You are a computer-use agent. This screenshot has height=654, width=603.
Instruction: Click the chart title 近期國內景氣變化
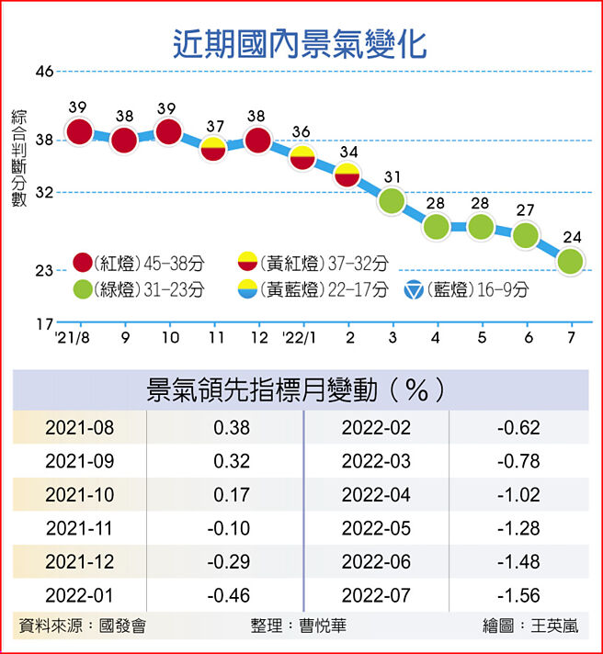click(x=301, y=42)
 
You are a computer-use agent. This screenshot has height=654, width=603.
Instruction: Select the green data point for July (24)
click(x=571, y=262)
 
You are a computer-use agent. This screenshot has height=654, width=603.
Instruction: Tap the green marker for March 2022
click(x=393, y=201)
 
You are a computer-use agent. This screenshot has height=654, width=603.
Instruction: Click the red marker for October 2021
click(x=168, y=131)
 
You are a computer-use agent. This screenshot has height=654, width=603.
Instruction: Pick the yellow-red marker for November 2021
click(x=213, y=148)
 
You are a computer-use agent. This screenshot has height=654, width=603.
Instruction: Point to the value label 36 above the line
click(x=301, y=131)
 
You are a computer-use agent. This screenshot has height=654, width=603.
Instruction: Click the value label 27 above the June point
click(x=525, y=210)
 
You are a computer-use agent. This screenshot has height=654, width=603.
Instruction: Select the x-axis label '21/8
click(x=72, y=338)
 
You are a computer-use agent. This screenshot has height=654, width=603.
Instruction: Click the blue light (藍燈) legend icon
click(x=415, y=290)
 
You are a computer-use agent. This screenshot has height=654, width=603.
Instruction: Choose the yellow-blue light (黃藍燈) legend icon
click(x=248, y=290)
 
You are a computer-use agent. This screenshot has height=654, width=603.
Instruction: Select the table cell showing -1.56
click(x=518, y=595)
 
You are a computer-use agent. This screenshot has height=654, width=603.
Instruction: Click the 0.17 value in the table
click(x=231, y=495)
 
